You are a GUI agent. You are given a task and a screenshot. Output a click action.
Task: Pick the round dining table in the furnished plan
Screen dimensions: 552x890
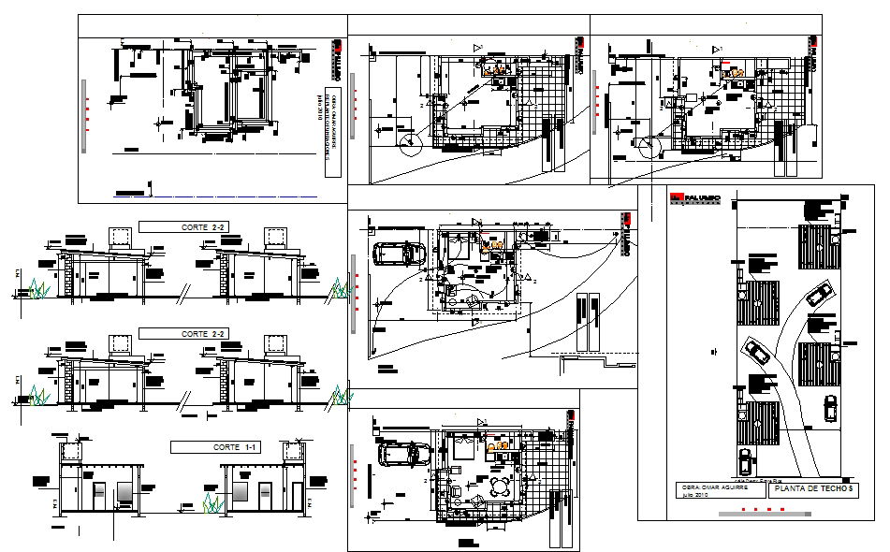coord(504,487)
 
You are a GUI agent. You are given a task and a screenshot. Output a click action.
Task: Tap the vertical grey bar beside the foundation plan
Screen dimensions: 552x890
coord(87,113)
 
